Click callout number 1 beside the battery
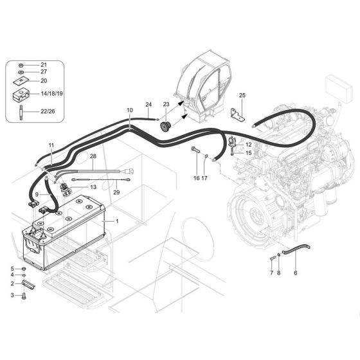118,221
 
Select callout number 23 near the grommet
166,104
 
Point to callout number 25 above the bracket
242,96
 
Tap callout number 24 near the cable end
148,104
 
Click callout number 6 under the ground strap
296,273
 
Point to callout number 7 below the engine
272,273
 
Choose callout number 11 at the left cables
51,146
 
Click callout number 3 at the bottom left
12,295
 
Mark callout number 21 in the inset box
44,65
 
